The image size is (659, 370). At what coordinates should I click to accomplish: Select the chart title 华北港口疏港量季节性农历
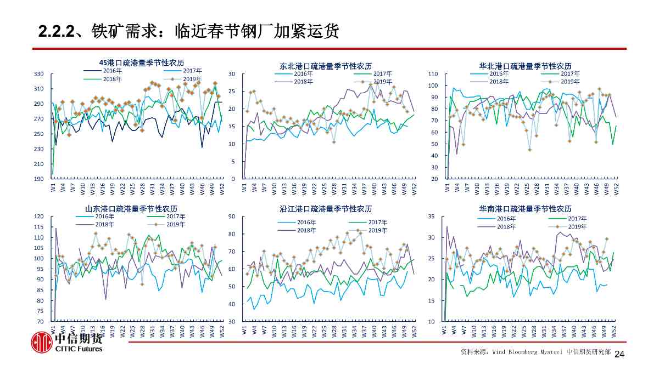525,66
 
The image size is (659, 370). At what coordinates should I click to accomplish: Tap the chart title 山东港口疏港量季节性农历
131,209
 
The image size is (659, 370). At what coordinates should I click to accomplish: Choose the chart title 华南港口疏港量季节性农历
525,209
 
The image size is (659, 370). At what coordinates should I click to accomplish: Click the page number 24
619,355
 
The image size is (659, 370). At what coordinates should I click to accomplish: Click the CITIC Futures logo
66,343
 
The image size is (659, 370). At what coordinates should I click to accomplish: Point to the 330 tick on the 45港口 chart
39,73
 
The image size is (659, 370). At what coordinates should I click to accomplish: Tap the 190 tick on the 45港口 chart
39,179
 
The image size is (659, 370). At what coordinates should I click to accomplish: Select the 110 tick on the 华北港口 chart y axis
433,73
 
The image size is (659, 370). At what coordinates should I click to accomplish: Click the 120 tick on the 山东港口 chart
39,217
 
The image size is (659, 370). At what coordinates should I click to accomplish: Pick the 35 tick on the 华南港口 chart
432,217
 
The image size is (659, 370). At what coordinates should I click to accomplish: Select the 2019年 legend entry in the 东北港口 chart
382,82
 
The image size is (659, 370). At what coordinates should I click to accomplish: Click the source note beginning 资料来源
535,352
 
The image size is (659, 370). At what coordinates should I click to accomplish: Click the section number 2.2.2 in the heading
56,32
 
